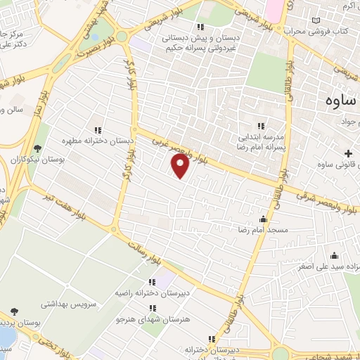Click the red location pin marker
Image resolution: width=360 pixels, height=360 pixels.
[180, 166]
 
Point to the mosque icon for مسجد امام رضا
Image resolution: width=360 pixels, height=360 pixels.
[264, 219]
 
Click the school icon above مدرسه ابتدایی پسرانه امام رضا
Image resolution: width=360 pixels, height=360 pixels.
[261, 126]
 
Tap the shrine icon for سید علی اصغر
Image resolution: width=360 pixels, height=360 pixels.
[334, 255]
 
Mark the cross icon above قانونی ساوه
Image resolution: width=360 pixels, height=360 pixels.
[348, 153]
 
